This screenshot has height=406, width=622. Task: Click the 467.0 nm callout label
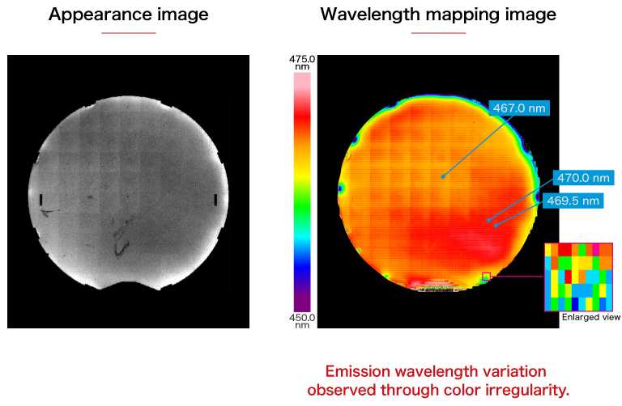coord(519,108)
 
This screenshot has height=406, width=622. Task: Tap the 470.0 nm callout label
coord(582,178)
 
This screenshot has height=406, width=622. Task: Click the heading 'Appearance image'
coord(128,15)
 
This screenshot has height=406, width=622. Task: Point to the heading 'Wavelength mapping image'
coord(438,15)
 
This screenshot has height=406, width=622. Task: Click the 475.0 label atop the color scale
coord(302,59)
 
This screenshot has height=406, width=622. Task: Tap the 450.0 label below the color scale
coord(302,318)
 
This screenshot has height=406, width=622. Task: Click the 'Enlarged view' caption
coord(591,318)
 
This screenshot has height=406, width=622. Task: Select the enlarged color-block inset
coord(579,276)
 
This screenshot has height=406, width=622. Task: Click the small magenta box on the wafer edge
coord(486,277)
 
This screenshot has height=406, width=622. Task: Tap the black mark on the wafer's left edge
coord(40,199)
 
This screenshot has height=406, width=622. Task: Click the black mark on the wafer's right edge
coord(215,199)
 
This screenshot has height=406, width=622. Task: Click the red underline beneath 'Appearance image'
coord(128,33)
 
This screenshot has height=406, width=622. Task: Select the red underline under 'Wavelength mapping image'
coord(438,33)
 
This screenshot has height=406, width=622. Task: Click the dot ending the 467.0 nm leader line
coord(443,176)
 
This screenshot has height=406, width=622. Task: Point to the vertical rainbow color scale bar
coord(302,187)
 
